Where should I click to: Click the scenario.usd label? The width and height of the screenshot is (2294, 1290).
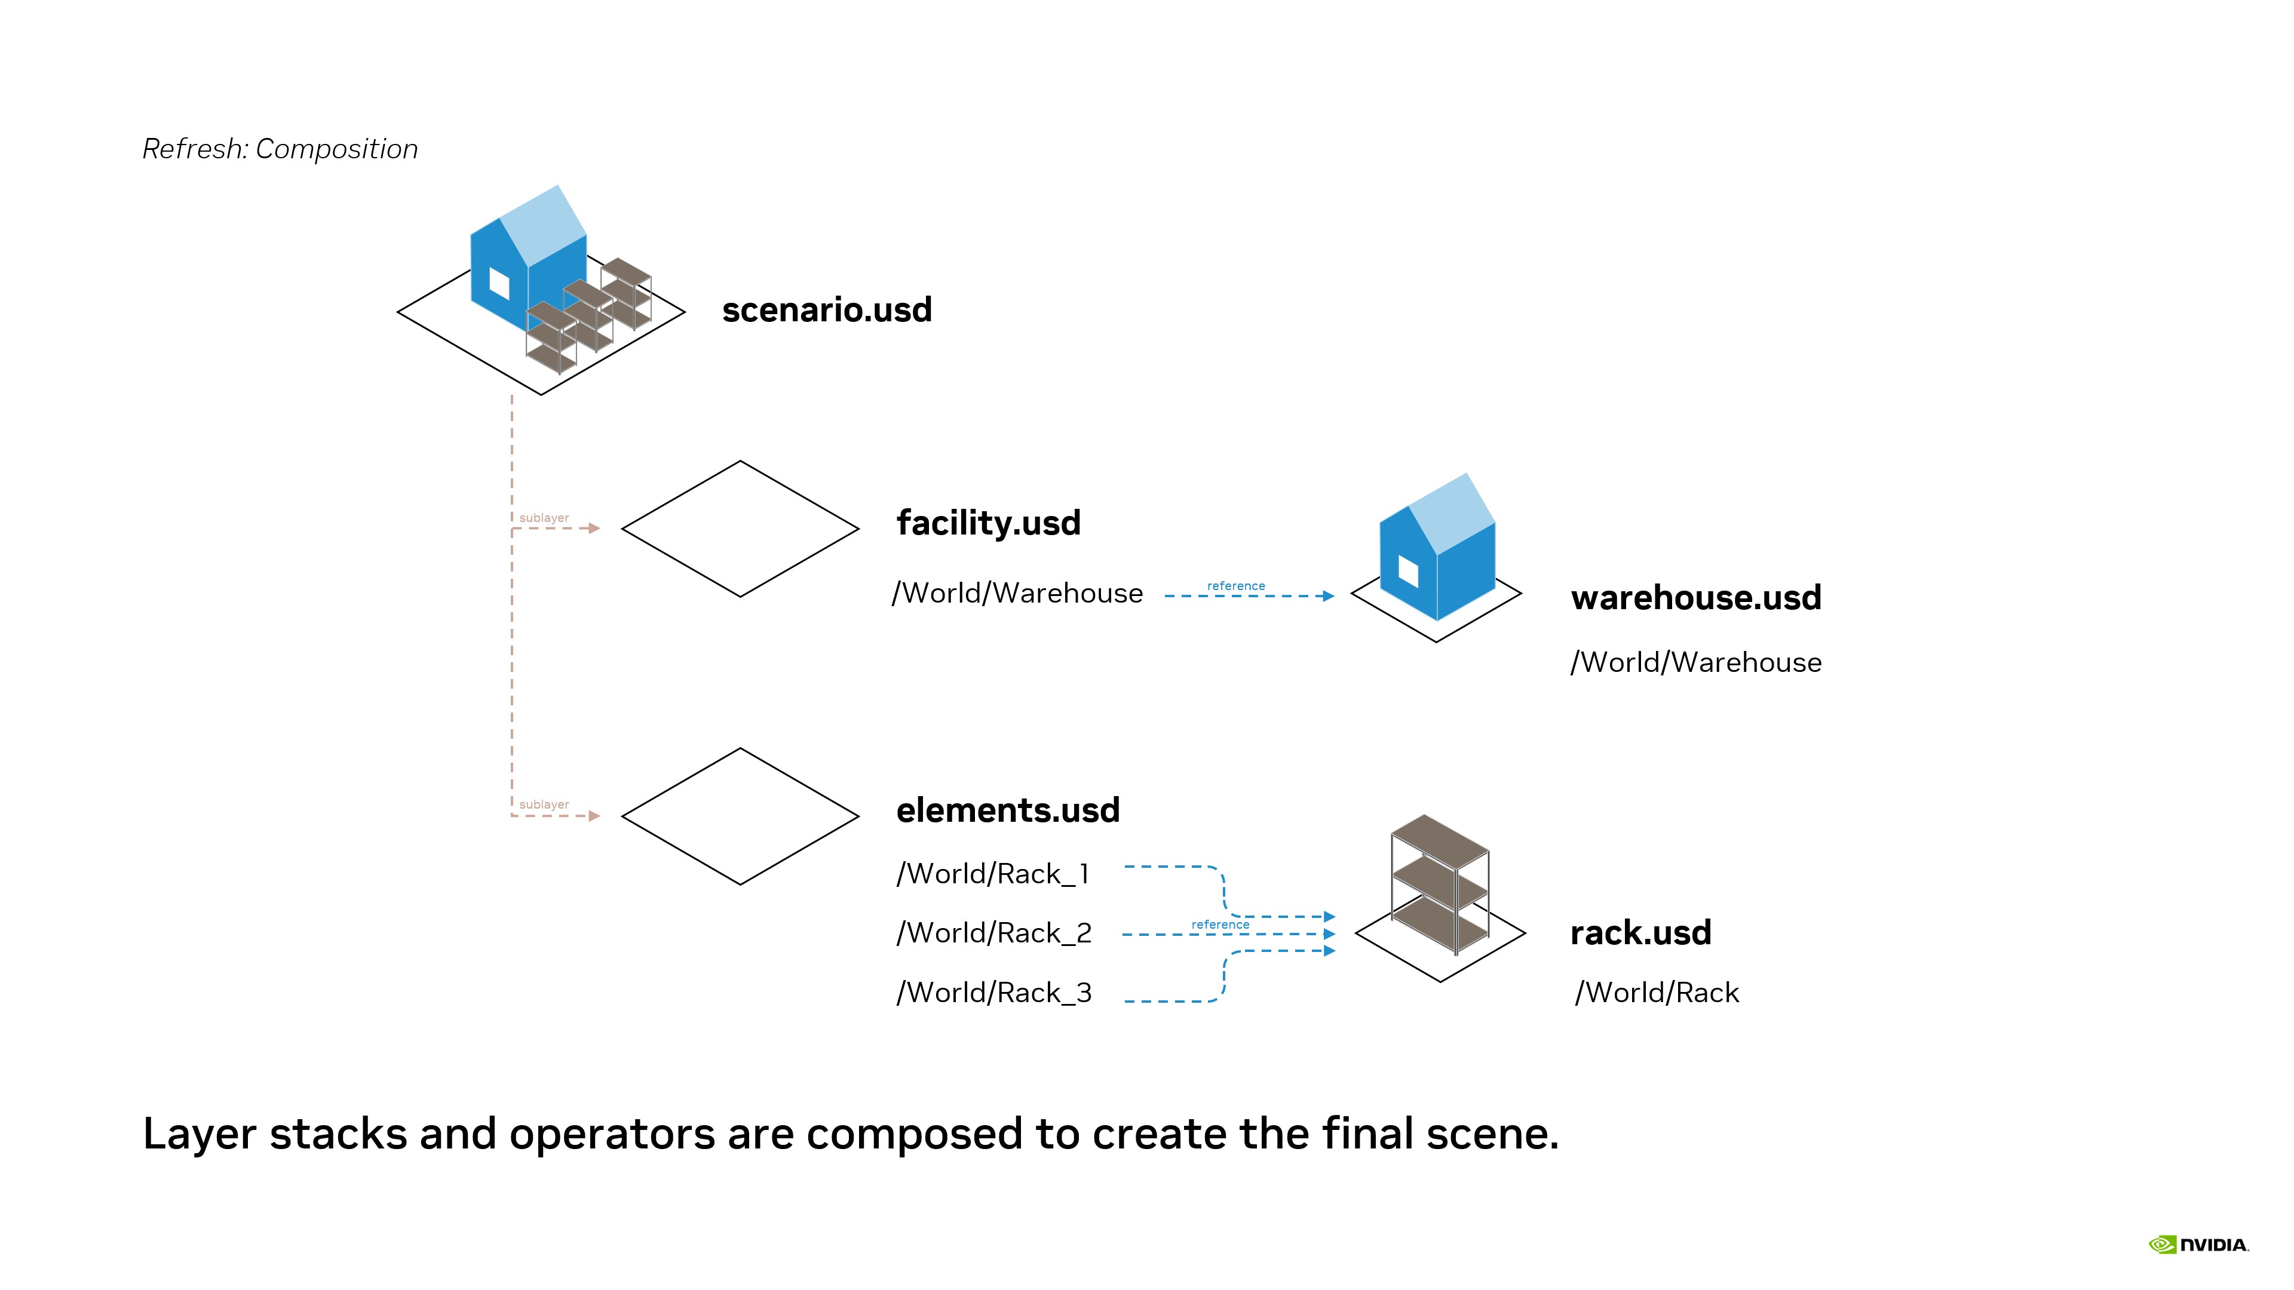[826, 310]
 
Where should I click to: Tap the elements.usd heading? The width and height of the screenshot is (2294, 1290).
[1007, 810]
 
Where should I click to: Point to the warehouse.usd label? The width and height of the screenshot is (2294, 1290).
[1695, 597]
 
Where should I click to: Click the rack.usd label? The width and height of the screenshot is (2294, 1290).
[1640, 933]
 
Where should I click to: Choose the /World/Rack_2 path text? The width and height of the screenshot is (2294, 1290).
[994, 933]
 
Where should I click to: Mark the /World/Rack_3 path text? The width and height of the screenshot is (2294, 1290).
[994, 993]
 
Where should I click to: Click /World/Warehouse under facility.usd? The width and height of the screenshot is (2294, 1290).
[1017, 593]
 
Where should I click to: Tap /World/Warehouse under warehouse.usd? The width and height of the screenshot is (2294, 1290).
[1695, 662]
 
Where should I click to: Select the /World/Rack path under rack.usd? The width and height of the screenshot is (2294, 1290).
[1657, 993]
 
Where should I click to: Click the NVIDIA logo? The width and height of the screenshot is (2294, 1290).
[2198, 1245]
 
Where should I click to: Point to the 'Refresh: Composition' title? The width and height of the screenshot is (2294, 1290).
[280, 149]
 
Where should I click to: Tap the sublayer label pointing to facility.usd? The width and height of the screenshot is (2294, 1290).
[543, 518]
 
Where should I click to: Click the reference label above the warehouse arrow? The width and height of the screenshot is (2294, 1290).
[1235, 586]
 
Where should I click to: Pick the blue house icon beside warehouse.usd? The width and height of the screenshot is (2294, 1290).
[1436, 548]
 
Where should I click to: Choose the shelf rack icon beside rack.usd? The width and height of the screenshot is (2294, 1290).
[1440, 884]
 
